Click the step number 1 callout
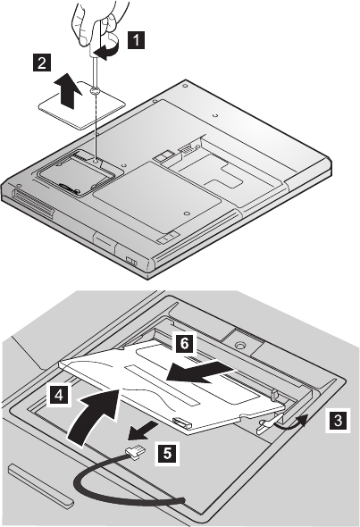(x=136, y=40)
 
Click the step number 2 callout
(x=42, y=63)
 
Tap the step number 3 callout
(x=338, y=420)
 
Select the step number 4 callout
(x=58, y=395)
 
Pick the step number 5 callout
(x=167, y=454)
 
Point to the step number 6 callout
(x=184, y=343)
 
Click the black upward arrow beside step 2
(x=70, y=91)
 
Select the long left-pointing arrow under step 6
(x=200, y=372)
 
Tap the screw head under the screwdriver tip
(x=95, y=90)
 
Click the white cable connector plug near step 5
(x=136, y=451)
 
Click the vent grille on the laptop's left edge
(x=33, y=205)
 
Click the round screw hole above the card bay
(x=239, y=345)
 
